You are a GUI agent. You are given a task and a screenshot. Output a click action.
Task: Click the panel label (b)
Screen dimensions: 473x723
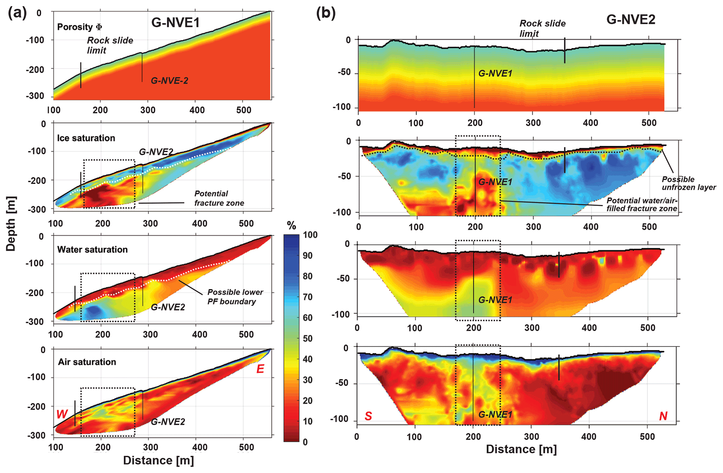pos(326,13)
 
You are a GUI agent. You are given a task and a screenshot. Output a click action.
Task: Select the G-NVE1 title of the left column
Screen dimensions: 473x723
pos(175,23)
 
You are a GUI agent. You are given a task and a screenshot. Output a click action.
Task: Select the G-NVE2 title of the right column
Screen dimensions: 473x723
pos(631,20)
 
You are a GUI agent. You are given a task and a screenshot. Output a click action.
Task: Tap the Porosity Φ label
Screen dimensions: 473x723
pos(79,27)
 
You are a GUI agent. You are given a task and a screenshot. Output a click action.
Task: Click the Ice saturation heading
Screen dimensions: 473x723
pos(86,138)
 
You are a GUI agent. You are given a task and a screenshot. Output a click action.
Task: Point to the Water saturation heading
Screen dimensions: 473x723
pos(92,250)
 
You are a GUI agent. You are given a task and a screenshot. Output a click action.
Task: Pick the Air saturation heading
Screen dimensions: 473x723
pos(87,362)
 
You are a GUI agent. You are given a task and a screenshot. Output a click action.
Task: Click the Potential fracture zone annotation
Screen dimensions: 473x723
pos(219,198)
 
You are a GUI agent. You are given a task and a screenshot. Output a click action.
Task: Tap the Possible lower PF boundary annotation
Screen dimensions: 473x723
pos(235,297)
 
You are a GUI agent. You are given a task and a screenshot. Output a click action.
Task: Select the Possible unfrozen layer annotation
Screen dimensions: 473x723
pos(688,183)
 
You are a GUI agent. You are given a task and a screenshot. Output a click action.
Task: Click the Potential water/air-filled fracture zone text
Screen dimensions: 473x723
pos(642,205)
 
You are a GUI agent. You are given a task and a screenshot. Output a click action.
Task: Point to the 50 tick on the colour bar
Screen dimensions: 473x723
pos(308,338)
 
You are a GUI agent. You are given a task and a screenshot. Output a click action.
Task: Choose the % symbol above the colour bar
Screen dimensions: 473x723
pos(291,226)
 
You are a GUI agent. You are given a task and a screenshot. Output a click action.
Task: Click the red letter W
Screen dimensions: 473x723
pos(62,414)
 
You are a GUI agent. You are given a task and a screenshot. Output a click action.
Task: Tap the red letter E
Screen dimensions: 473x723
pos(260,369)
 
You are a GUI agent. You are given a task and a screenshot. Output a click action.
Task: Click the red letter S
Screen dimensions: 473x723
pos(368,416)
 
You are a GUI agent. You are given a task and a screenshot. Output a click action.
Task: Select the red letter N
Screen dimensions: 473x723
pos(663,416)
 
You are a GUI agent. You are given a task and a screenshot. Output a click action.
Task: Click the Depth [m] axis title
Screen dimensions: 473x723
pos(11,224)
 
